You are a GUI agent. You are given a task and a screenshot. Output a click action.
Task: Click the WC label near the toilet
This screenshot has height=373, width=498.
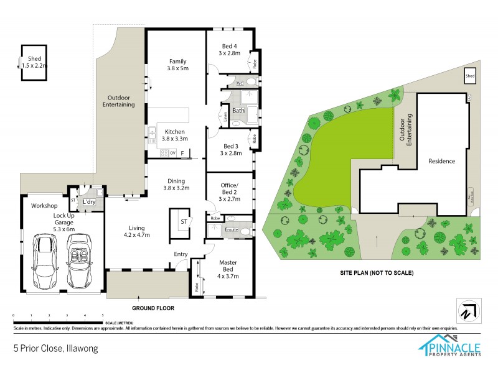(240, 83)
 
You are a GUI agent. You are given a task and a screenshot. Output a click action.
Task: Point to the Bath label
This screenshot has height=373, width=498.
(238, 111)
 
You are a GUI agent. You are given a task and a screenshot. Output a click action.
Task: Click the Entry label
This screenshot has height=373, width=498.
(181, 254)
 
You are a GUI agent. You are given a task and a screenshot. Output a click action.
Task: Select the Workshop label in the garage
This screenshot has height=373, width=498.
(45, 206)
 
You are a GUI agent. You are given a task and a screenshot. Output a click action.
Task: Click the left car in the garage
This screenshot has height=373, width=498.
(44, 261)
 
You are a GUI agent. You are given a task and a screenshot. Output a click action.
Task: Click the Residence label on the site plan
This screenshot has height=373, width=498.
(441, 161)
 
